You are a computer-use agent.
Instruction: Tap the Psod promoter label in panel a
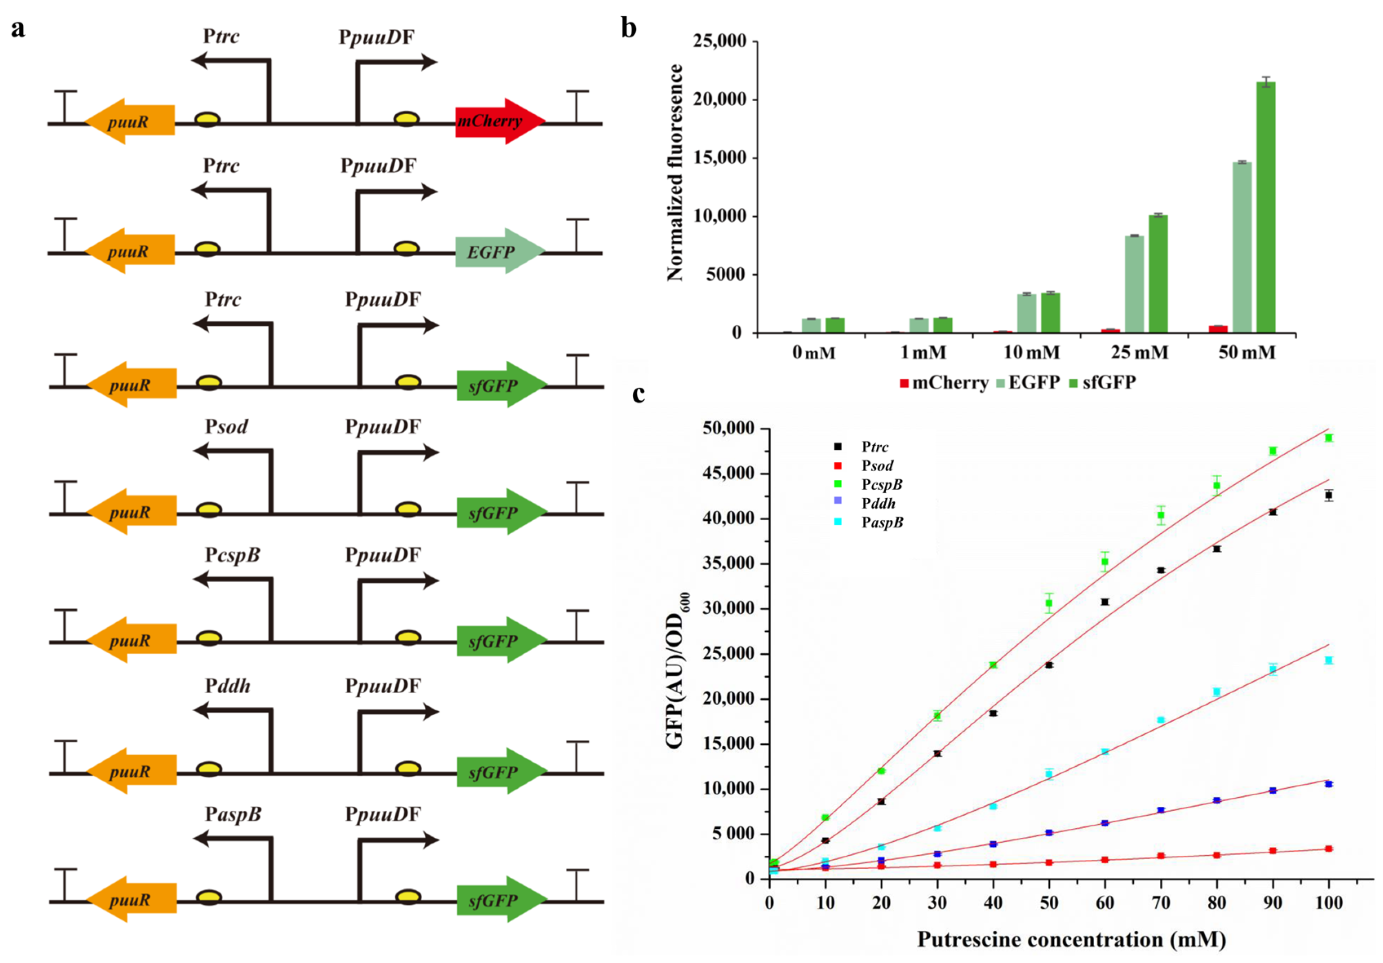tap(226, 427)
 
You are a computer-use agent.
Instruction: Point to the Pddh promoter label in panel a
tap(227, 686)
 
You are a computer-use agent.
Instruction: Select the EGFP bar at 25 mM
tap(1134, 283)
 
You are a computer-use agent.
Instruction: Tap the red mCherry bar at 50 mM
tap(1218, 329)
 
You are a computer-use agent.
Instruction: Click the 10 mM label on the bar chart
tap(1031, 353)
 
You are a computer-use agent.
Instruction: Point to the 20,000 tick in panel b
tap(720, 100)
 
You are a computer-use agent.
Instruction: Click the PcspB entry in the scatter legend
tap(881, 484)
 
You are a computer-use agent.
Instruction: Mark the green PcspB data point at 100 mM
tap(1329, 438)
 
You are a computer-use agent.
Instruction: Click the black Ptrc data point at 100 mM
tap(1329, 495)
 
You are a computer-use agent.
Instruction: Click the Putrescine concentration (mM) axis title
tap(1071, 939)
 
